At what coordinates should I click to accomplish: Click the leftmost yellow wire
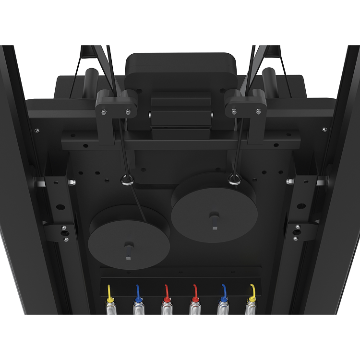pyautogui.click(x=110, y=291)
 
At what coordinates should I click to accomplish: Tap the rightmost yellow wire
pyautogui.click(x=252, y=291)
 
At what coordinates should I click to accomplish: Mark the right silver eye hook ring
pyautogui.click(x=235, y=180)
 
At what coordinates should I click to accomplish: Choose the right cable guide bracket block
pyautogui.click(x=246, y=106)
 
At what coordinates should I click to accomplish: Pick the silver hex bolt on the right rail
pyautogui.click(x=289, y=181)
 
